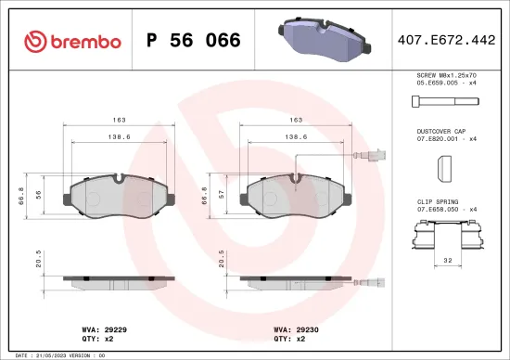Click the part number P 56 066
point(194,41)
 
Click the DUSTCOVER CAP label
point(440,133)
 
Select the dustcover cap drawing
point(442,170)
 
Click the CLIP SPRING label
point(435,199)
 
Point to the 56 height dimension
point(39,195)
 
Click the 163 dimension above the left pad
point(118,121)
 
